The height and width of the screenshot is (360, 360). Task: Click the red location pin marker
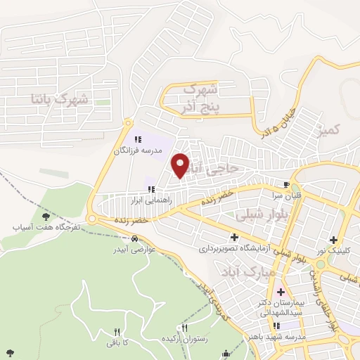point(181,165)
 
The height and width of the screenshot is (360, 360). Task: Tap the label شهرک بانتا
point(60,98)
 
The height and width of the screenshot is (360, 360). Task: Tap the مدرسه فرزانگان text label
point(139,150)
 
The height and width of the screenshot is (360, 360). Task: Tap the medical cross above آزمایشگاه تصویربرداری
point(233,238)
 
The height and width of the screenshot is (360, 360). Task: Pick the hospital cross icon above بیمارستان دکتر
point(281,292)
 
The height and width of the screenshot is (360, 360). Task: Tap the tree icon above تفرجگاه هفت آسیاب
point(46,217)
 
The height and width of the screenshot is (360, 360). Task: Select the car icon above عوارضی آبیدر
point(126,238)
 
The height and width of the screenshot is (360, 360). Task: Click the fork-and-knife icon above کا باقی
point(117,331)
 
